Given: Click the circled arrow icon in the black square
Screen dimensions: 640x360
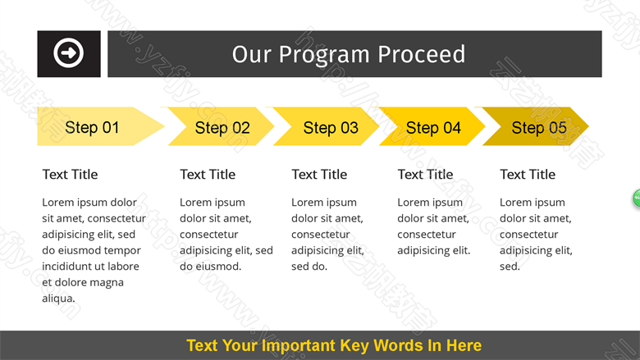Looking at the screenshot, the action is [69, 53].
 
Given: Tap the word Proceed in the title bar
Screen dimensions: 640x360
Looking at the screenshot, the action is [421, 54].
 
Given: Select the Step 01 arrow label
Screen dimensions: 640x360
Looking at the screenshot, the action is [92, 127].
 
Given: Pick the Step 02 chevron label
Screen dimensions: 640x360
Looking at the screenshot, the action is [222, 128].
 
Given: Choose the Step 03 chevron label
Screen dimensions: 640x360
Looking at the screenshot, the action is [331, 128].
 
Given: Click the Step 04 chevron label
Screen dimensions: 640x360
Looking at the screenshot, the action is [433, 128].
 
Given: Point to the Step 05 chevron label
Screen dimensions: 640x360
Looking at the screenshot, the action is [539, 128].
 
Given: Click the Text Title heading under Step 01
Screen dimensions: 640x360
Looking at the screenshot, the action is [71, 175].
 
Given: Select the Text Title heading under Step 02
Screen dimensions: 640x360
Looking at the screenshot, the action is [208, 175].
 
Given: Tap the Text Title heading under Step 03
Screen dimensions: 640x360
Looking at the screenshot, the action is [319, 175].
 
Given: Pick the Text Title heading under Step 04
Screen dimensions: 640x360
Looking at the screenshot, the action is [425, 175].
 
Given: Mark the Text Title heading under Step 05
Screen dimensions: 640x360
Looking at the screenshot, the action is [528, 175].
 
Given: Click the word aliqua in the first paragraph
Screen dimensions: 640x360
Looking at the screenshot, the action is [58, 298].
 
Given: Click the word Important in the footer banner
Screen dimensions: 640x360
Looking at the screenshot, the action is [299, 346].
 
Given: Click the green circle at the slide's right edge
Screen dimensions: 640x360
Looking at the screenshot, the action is [637, 198].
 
